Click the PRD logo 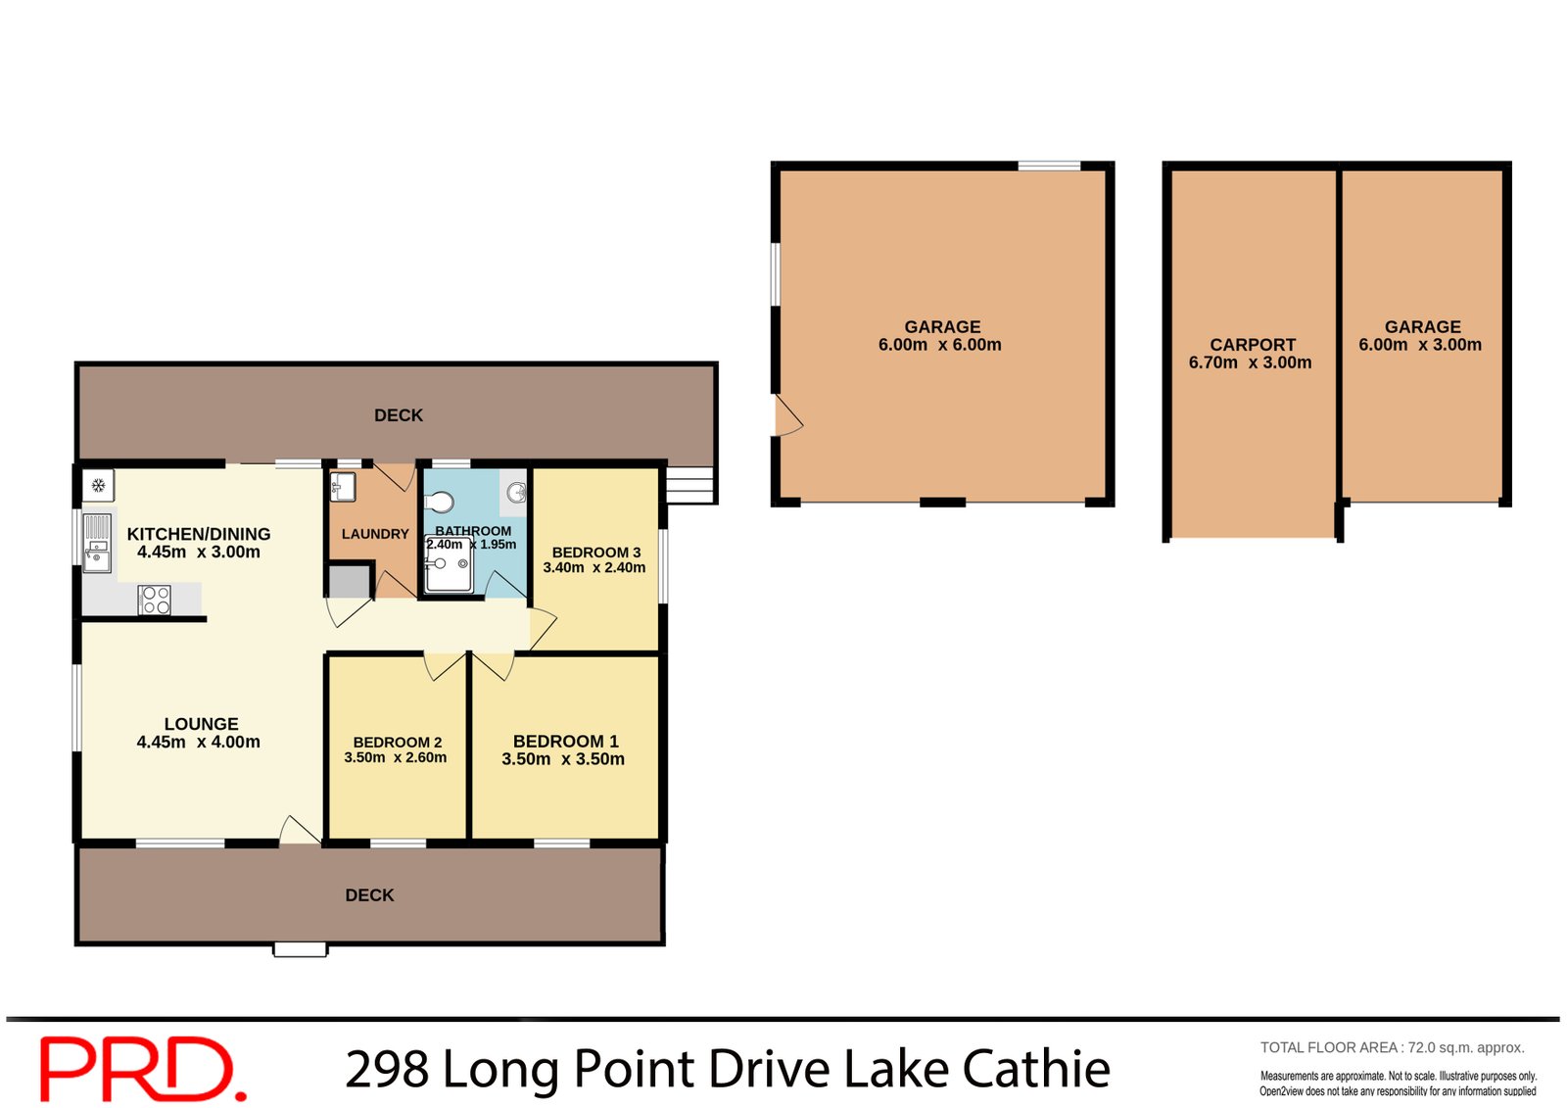(x=141, y=1069)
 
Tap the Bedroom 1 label (x=565, y=742)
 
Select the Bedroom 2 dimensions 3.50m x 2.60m (x=395, y=757)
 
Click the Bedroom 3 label (x=595, y=553)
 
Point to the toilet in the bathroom (x=440, y=503)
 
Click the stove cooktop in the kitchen (x=155, y=600)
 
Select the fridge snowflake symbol (x=98, y=485)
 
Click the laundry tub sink (x=342, y=486)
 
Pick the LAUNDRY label (x=374, y=534)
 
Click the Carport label (x=1252, y=345)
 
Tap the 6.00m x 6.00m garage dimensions (x=939, y=345)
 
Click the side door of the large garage (x=786, y=416)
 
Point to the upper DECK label (x=399, y=415)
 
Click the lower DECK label (x=369, y=895)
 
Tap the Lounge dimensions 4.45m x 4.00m (x=198, y=742)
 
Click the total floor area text (x=1392, y=1047)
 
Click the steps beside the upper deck (x=689, y=485)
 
